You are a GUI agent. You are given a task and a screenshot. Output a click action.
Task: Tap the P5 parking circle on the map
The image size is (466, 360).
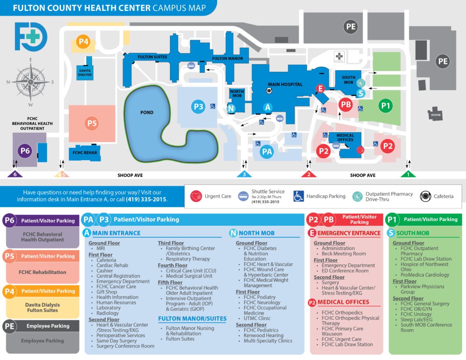[92, 123]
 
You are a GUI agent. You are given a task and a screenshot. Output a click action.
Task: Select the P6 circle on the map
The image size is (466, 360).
[25, 151]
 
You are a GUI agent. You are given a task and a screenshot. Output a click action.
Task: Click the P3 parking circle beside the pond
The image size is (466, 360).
[199, 107]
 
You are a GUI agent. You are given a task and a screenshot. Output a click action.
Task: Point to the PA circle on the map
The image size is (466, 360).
[267, 152]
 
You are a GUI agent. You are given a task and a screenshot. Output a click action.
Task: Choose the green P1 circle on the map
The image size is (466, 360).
[386, 106]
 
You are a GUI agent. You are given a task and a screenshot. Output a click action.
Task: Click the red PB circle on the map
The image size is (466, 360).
[346, 104]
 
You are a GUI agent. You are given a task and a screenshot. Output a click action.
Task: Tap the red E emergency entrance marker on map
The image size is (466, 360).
[320, 89]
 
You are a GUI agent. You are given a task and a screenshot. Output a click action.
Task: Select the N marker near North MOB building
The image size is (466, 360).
[231, 108]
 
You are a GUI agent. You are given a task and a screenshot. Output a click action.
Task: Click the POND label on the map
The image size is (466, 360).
[147, 112]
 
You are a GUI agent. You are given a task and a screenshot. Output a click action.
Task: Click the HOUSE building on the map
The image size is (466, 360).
[436, 114]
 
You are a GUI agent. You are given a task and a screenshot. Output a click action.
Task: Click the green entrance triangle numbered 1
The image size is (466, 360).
[408, 174]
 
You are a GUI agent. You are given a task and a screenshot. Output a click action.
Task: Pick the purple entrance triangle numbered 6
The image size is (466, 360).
[15, 174]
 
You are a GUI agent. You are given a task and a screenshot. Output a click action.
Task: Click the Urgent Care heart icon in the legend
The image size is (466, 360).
[196, 196]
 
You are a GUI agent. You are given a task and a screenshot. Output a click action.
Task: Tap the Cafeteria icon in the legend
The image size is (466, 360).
[426, 196]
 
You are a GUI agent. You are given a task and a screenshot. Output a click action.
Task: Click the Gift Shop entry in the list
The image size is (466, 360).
[107, 292]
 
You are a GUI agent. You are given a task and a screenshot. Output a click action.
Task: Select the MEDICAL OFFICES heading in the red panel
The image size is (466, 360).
[350, 302]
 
